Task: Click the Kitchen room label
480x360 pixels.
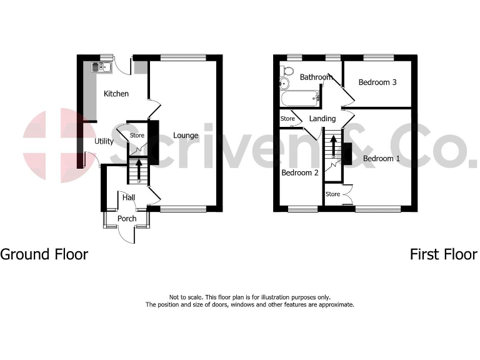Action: point(116,94)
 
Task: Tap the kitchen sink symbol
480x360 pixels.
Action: point(100,66)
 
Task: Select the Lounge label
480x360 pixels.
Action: point(186,135)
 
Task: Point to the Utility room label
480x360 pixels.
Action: point(104,141)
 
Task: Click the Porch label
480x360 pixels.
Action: point(127,218)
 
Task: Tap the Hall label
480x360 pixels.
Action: point(129,197)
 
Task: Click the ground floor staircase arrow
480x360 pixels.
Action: point(138,169)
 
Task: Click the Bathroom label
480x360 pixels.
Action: point(316,77)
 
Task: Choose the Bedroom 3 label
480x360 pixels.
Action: point(377,82)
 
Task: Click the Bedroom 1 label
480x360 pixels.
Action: point(382,158)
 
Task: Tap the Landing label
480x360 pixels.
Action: point(322,119)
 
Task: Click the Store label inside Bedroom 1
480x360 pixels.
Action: point(332,194)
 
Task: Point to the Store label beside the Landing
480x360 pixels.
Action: point(287,118)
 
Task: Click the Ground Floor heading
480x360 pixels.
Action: point(44,254)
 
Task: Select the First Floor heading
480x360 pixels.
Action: point(443,254)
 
